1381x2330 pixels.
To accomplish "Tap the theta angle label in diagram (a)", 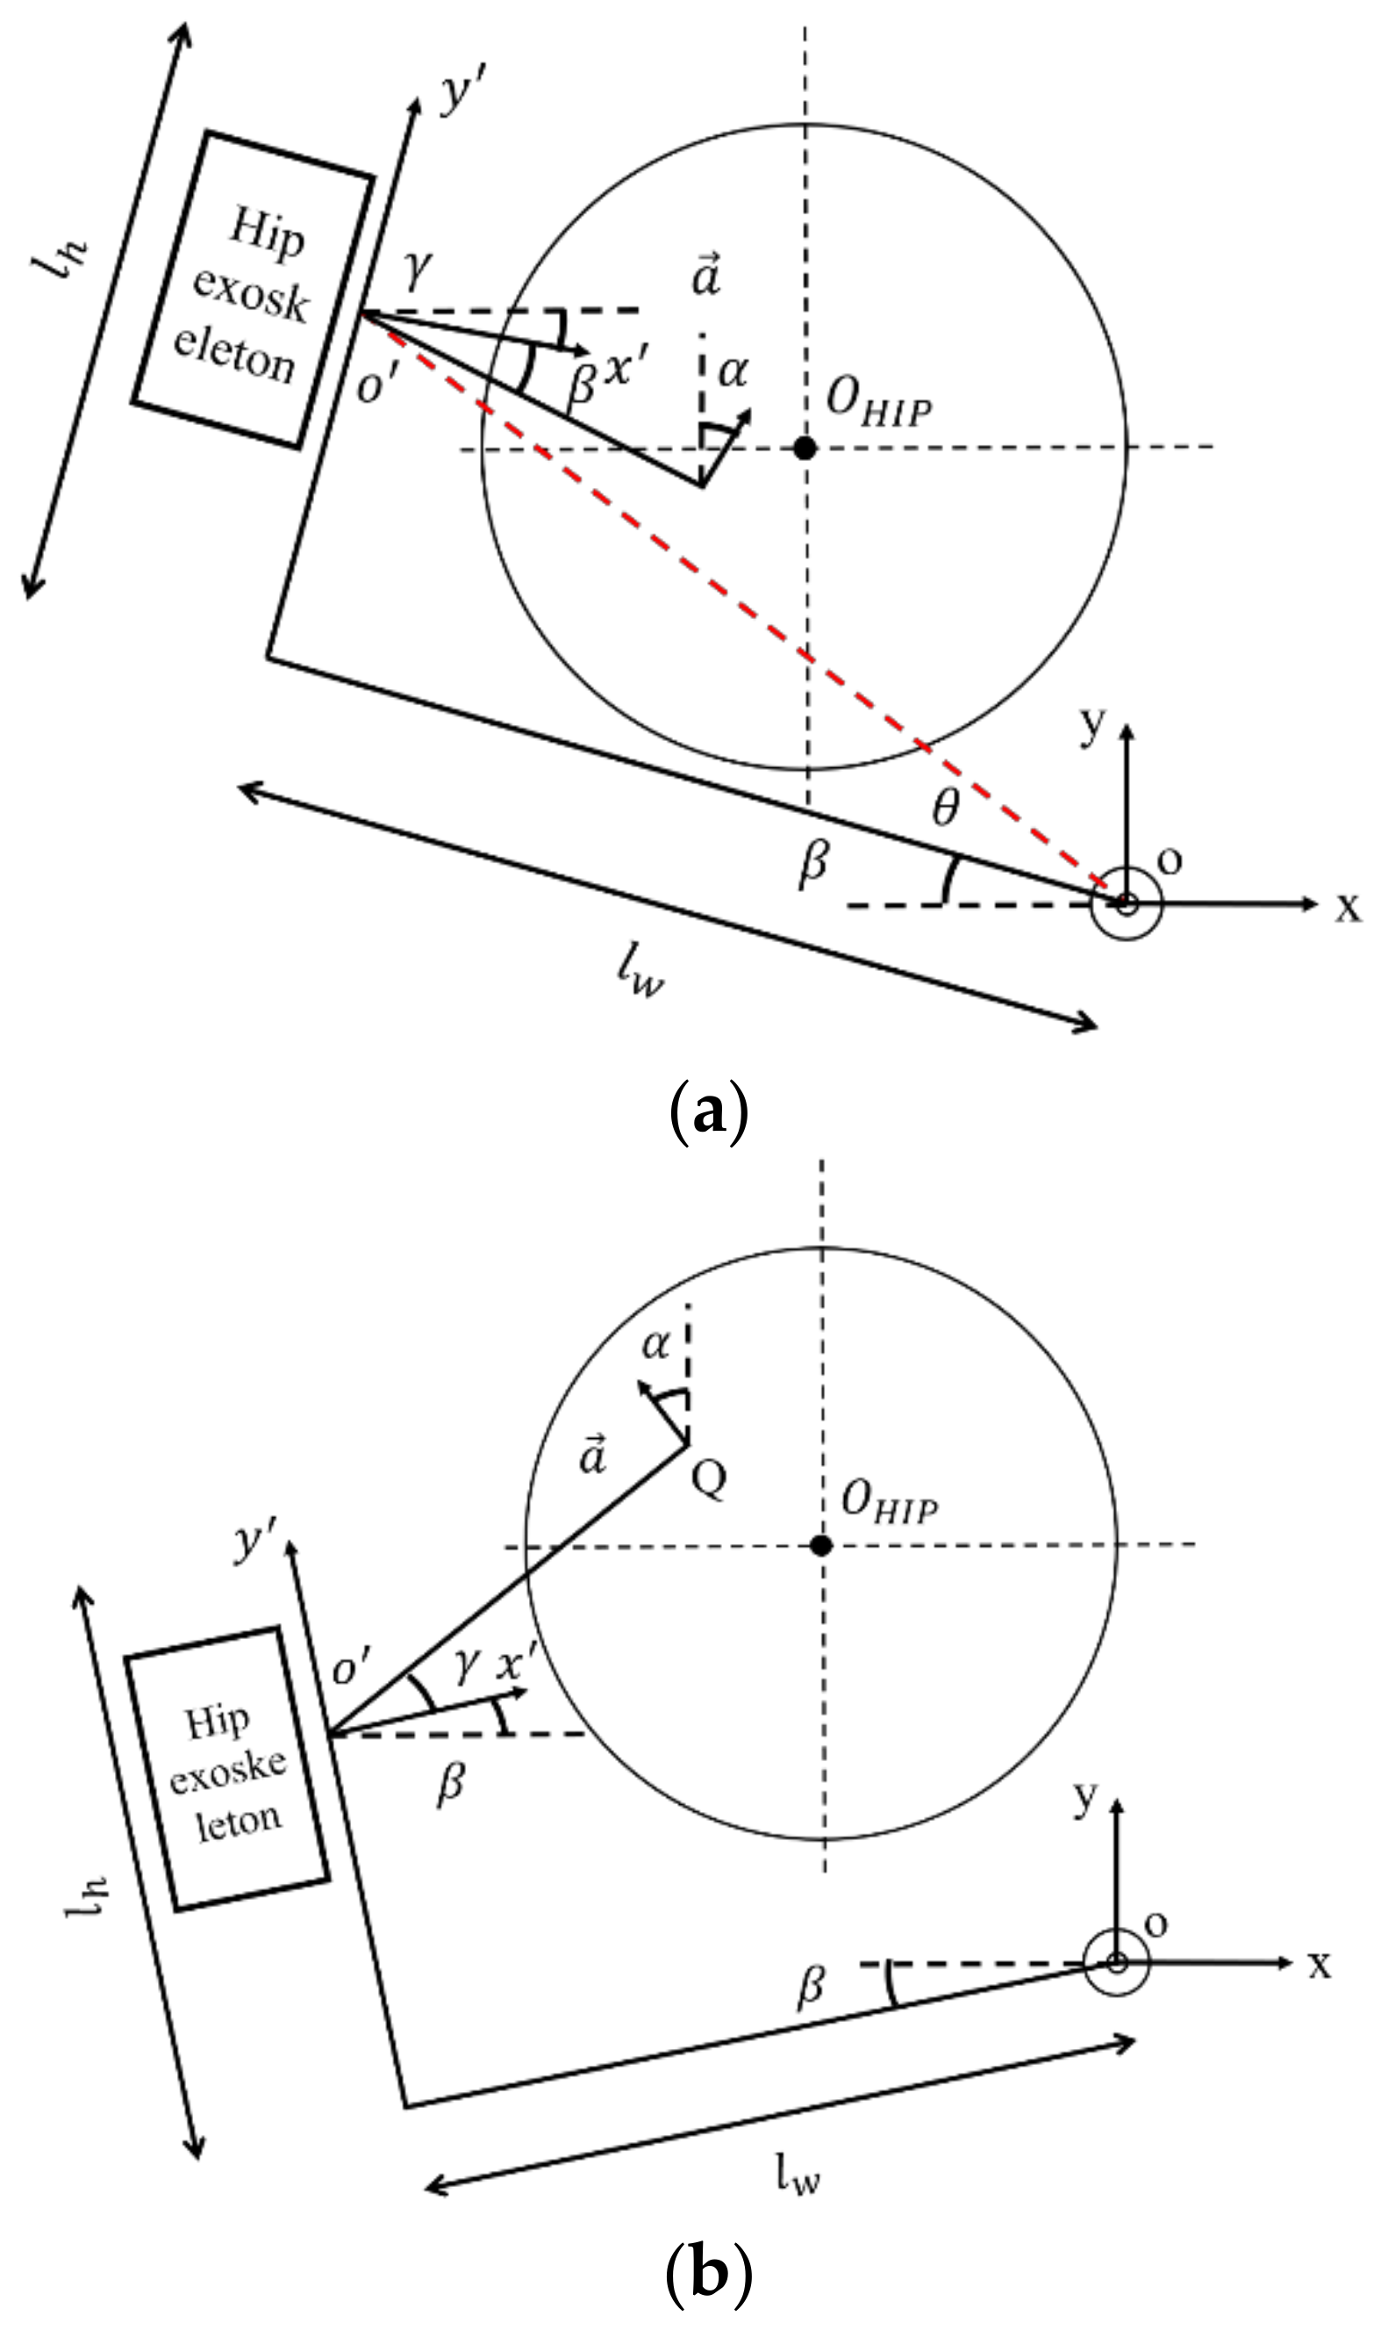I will [946, 808].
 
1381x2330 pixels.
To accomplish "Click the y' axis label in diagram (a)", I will [460, 93].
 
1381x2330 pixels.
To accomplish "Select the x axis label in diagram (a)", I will [1348, 906].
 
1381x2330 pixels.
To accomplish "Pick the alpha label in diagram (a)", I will [733, 372].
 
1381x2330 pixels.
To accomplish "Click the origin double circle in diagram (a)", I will [1127, 903].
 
